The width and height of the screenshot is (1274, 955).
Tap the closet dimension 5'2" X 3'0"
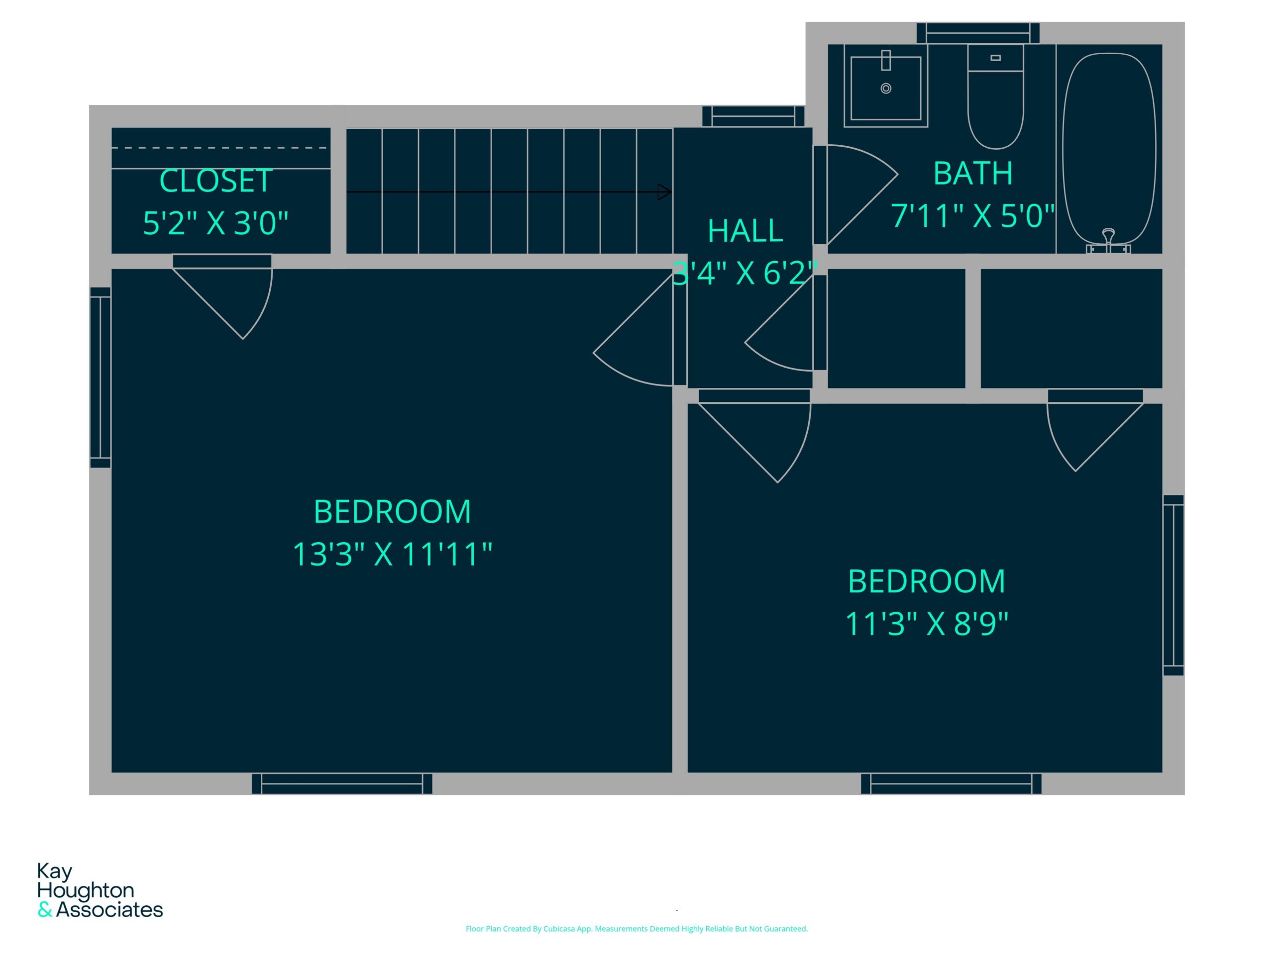tap(215, 223)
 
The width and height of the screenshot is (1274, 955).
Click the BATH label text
tap(973, 173)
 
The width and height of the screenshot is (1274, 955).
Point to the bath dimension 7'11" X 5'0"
tap(973, 216)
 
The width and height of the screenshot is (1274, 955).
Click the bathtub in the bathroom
tap(1109, 150)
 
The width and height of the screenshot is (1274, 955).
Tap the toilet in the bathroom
tap(995, 96)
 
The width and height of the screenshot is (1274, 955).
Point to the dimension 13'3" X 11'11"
tap(392, 554)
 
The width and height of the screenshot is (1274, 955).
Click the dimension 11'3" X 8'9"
tap(927, 623)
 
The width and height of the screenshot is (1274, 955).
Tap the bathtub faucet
tap(1108, 241)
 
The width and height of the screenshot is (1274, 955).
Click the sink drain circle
tap(886, 88)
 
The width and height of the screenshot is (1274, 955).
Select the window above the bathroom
tap(978, 33)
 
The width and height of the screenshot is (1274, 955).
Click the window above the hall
tap(753, 116)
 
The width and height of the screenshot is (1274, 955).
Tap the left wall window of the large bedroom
tap(100, 378)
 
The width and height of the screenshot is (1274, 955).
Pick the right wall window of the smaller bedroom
tap(1173, 585)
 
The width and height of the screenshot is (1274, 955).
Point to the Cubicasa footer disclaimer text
tap(637, 929)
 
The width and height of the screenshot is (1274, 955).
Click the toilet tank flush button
tap(995, 58)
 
